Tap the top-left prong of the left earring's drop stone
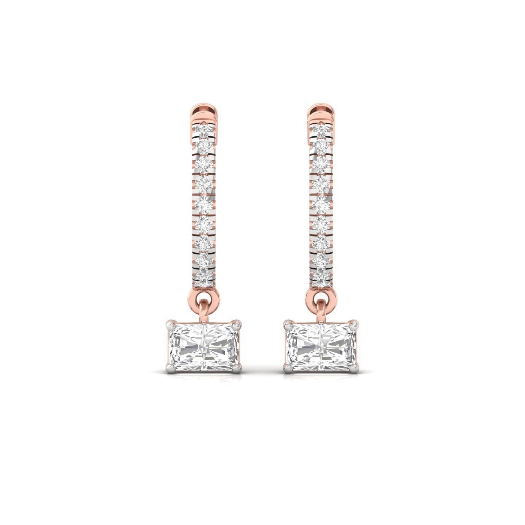[170, 323]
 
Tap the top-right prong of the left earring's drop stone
[237, 323]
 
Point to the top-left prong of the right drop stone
[288, 323]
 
